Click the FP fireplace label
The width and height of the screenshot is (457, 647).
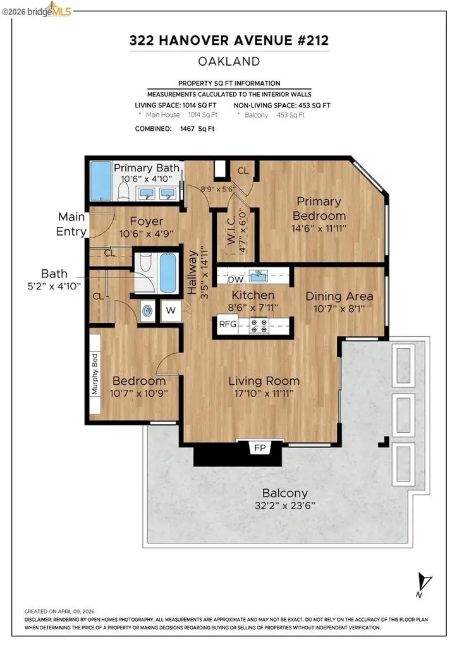(260, 448)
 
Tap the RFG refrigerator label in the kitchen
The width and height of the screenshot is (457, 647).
(228, 324)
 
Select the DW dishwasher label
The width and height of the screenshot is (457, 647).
(235, 279)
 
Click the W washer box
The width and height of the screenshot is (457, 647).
(171, 310)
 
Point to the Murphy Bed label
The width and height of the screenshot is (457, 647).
(95, 374)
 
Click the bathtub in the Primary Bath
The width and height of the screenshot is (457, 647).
(101, 181)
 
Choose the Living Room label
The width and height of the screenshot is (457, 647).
(264, 381)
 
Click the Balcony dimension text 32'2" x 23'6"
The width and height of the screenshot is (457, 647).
(285, 505)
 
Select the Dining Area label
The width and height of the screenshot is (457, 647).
(339, 296)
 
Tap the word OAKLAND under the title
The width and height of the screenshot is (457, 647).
(229, 61)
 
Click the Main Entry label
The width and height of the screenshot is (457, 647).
(71, 224)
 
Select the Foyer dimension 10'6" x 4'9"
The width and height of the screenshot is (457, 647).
(146, 234)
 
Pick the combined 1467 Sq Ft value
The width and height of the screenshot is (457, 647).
(197, 129)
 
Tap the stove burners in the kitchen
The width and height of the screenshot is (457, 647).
(259, 325)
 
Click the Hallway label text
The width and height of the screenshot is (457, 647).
(192, 273)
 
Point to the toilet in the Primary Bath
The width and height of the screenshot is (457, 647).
(124, 191)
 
